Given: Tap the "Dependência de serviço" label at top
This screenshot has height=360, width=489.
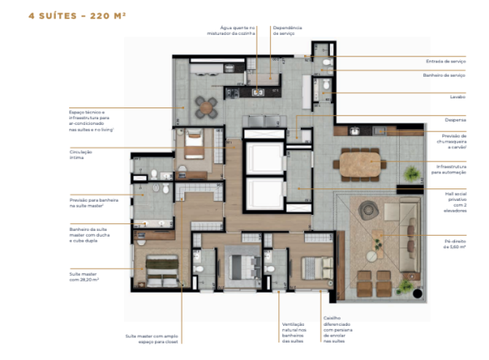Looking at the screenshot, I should (x=291, y=30).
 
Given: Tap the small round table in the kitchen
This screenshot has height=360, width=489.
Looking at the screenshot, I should (x=207, y=106).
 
